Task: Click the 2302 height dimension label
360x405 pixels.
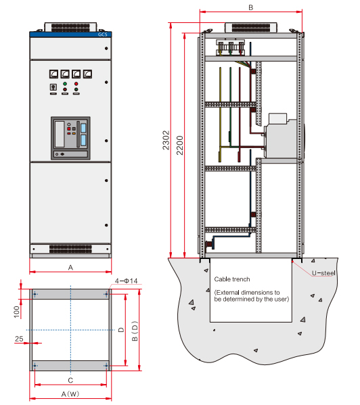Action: pyautogui.click(x=166, y=140)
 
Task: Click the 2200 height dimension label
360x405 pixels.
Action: pyautogui.click(x=179, y=145)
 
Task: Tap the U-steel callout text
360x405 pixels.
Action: pyautogui.click(x=323, y=273)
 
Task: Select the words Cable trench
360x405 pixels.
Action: pyautogui.click(x=232, y=279)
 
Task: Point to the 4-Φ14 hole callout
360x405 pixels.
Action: pyautogui.click(x=126, y=281)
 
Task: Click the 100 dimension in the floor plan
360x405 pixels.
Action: pyautogui.click(x=16, y=312)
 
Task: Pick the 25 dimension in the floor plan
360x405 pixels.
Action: pyautogui.click(x=19, y=339)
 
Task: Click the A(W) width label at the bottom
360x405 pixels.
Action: pyautogui.click(x=70, y=394)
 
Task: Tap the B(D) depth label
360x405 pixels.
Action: pyautogui.click(x=135, y=331)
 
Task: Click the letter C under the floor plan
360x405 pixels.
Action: pyautogui.click(x=70, y=380)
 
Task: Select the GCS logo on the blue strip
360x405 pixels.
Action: pyautogui.click(x=102, y=34)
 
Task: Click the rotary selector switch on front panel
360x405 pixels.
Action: pyautogui.click(x=53, y=87)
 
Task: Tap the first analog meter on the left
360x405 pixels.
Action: pyautogui.click(x=53, y=74)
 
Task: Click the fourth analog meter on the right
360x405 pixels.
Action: pyautogui.click(x=87, y=74)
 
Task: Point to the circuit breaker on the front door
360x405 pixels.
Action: pyautogui.click(x=70, y=138)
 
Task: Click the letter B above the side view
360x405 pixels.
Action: pyautogui.click(x=250, y=7)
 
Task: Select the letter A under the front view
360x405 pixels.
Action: pyautogui.click(x=70, y=268)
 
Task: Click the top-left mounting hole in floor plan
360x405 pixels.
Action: pyautogui.click(x=35, y=294)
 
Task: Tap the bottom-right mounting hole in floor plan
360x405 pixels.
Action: pyautogui.click(x=106, y=366)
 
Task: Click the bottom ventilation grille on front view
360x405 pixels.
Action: pyautogui.click(x=70, y=249)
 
